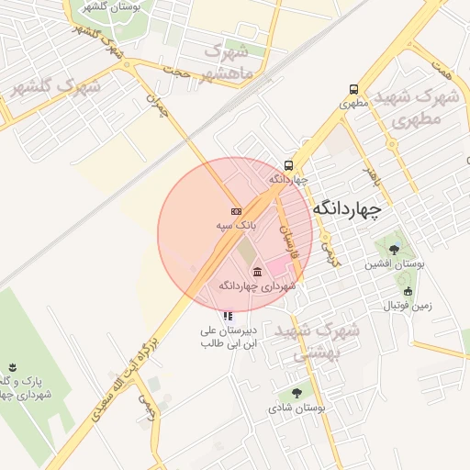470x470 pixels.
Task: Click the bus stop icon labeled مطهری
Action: (x=354, y=90)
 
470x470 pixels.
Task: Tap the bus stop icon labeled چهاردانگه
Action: (x=289, y=166)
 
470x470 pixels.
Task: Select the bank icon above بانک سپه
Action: (x=236, y=210)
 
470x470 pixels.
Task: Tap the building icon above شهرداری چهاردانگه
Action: (x=257, y=271)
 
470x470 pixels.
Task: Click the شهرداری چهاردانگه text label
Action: (x=258, y=285)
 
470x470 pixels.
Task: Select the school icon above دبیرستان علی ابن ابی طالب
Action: (x=228, y=316)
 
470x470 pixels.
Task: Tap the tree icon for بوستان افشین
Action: (x=394, y=249)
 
